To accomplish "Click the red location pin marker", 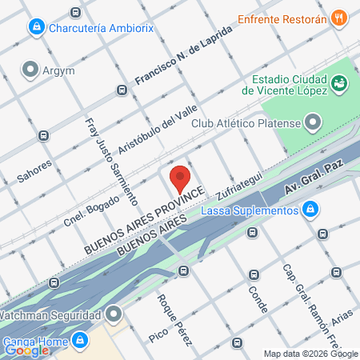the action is pyautogui.click(x=180, y=178).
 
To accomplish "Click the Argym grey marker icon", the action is pyautogui.click(x=31, y=70).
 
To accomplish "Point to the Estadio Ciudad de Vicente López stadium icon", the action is pyautogui.click(x=339, y=83).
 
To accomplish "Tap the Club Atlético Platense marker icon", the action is pyautogui.click(x=312, y=123).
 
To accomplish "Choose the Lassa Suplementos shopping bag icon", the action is pyautogui.click(x=310, y=210).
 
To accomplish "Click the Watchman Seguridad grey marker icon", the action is pyautogui.click(x=113, y=314).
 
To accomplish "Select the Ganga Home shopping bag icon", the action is pyautogui.click(x=78, y=340).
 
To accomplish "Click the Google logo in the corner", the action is pyautogui.click(x=27, y=350).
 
